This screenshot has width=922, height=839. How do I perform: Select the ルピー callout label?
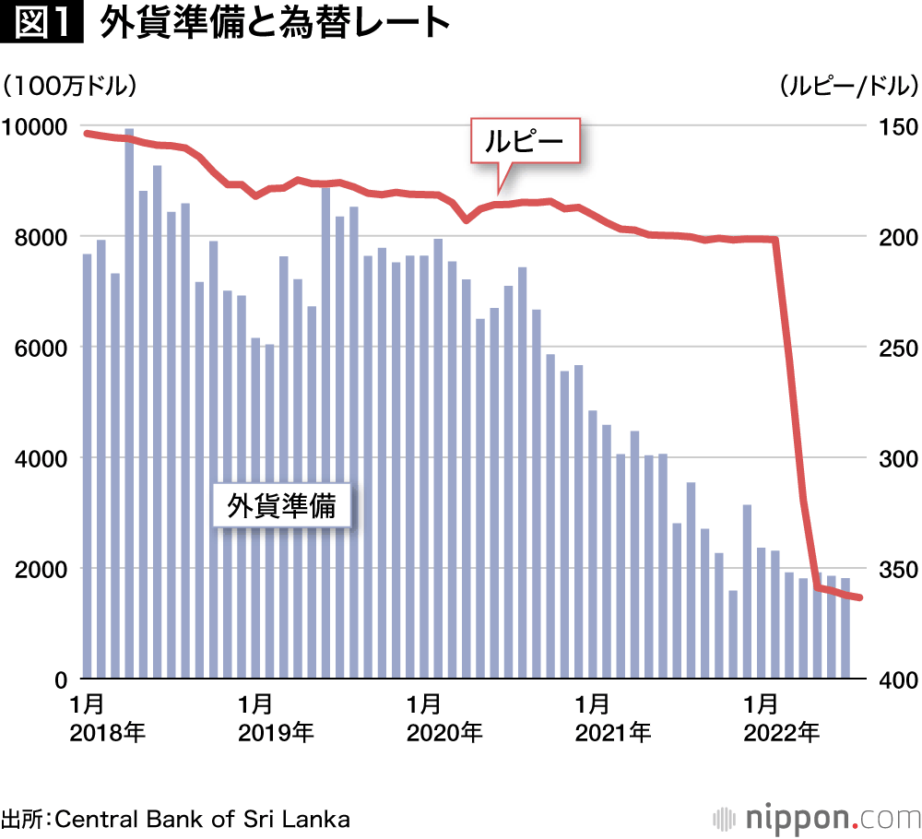[x=525, y=142]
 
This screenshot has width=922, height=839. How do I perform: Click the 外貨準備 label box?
[x=281, y=505]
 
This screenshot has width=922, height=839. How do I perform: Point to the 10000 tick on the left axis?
[x=34, y=126]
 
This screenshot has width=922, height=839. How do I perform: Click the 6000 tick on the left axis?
[x=41, y=348]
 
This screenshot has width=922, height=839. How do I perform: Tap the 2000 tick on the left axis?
[x=41, y=569]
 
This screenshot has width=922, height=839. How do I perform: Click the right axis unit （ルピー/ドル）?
[x=848, y=87]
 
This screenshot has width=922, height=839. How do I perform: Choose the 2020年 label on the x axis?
[x=444, y=734]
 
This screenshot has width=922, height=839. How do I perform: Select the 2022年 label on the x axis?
[x=781, y=734]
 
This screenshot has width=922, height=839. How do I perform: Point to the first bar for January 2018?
[x=88, y=461]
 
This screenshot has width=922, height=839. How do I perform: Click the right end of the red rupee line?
[x=859, y=597]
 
